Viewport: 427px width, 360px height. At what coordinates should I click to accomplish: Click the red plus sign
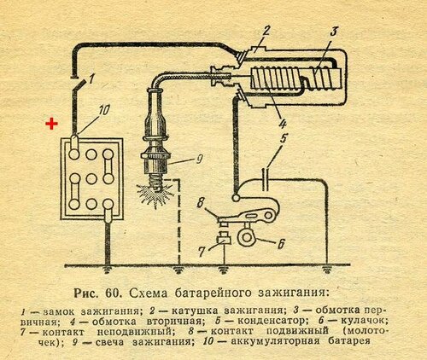(x=51, y=124)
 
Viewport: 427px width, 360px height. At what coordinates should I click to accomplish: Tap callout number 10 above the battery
(x=103, y=110)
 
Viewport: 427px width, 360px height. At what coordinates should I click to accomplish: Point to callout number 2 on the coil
(x=266, y=32)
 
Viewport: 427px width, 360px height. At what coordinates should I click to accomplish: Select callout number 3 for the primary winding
(x=333, y=32)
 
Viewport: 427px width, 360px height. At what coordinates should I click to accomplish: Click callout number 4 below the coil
(x=282, y=123)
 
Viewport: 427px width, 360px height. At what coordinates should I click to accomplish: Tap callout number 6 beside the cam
(x=280, y=244)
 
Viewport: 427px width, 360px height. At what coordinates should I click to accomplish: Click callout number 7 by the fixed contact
(x=202, y=252)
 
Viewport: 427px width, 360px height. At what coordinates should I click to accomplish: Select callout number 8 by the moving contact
(x=201, y=204)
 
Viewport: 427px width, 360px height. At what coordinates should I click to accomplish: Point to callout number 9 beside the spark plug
(x=199, y=160)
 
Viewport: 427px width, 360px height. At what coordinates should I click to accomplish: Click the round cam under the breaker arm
(x=245, y=238)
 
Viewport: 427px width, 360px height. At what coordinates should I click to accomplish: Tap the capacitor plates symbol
(x=266, y=179)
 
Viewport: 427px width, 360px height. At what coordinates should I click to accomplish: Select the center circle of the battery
(x=91, y=179)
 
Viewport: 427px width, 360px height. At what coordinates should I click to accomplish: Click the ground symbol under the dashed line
(x=178, y=270)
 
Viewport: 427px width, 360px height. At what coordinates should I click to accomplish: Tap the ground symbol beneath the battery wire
(x=107, y=270)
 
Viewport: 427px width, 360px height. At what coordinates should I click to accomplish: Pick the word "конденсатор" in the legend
(x=272, y=321)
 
